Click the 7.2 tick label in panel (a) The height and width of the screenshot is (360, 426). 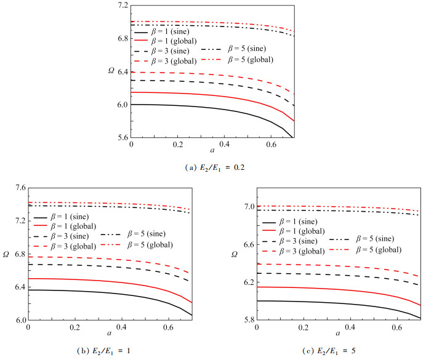point(120,6)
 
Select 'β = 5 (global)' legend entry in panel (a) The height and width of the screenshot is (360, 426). point(250,60)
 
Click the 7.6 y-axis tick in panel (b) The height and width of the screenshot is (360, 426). point(17,188)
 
